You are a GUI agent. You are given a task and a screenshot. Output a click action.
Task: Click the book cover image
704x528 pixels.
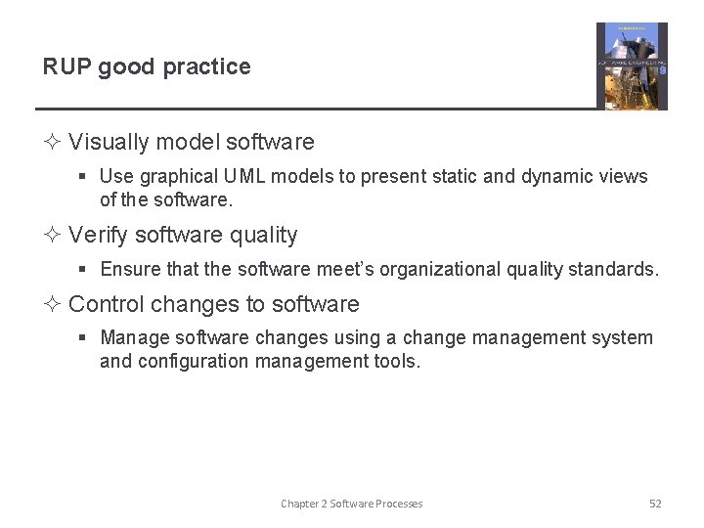point(632,66)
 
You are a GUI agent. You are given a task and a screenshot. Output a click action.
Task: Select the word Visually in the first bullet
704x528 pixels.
point(108,142)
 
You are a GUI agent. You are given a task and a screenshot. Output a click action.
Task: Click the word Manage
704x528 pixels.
point(134,338)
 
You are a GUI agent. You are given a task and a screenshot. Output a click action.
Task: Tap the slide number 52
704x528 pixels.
point(655,504)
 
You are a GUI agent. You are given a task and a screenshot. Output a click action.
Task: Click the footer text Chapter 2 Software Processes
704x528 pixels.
point(352,504)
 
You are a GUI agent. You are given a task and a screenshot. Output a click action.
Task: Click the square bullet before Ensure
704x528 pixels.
point(85,270)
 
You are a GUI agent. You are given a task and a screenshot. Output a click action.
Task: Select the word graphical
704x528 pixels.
point(178,177)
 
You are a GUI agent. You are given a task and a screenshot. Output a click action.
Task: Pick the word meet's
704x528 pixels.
point(346,270)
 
